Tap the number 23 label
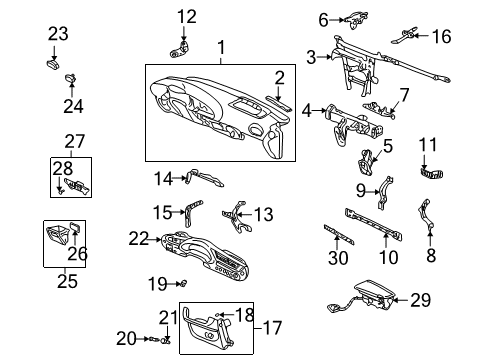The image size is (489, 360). click(58, 33)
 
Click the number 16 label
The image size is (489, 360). click(441, 37)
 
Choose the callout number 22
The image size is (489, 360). click(138, 238)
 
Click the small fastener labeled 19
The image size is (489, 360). click(182, 284)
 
